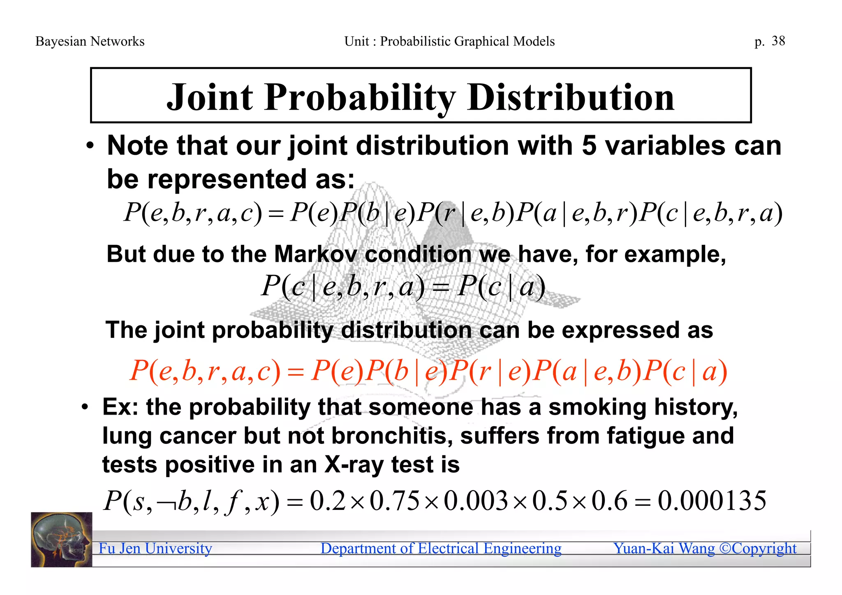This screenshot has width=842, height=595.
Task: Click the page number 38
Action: [778, 41]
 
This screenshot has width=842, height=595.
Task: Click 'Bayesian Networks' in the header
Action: [90, 41]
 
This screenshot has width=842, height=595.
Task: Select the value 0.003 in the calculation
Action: [476, 501]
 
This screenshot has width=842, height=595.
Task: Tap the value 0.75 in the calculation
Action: [395, 501]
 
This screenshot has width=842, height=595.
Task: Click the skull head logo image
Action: [61, 540]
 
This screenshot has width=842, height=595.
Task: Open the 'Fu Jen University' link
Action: [155, 548]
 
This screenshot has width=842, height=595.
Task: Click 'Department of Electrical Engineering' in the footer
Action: [441, 548]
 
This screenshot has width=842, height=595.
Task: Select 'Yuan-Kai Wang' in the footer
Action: [664, 548]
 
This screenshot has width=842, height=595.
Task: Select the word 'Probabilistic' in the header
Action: [415, 41]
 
